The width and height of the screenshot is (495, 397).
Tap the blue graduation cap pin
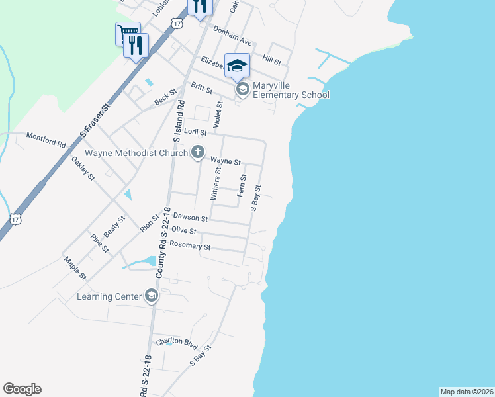[238, 66]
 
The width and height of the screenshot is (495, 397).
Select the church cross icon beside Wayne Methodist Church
[197, 154]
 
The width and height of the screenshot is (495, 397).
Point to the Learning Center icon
[152, 296]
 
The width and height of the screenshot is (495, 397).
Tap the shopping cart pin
[127, 33]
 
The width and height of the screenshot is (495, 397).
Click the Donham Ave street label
[232, 34]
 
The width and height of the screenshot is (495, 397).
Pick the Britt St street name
[201, 89]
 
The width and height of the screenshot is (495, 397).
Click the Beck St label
[165, 98]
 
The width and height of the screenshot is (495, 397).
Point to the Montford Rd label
[46, 140]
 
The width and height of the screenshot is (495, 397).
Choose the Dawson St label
[191, 217]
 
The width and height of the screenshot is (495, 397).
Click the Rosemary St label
[190, 245]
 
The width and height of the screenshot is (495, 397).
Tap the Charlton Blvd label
[177, 343]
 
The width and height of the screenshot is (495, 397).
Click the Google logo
[22, 389]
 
